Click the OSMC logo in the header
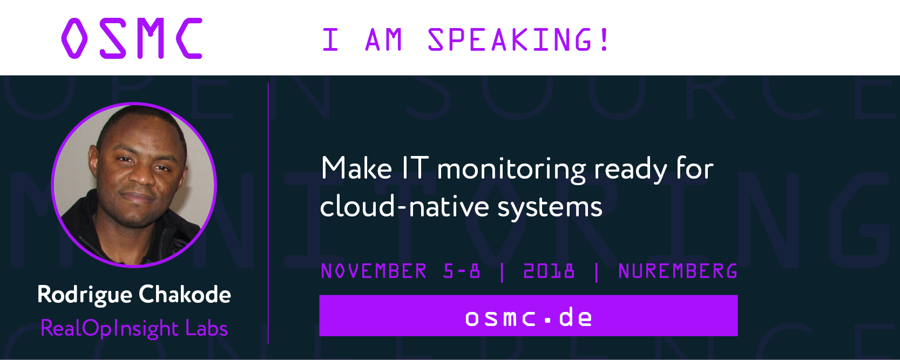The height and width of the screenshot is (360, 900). point(132,38)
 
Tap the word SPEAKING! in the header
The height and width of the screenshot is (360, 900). point(519,39)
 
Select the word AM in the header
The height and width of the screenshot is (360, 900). point(384,39)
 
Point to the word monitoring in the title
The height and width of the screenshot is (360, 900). point(511,171)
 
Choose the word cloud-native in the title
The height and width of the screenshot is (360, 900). point(405,207)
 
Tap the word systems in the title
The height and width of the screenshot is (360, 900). point(550,209)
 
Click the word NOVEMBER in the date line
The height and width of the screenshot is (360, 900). point(374,271)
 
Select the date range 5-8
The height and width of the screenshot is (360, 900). point(462,271)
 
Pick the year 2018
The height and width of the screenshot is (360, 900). point(549,271)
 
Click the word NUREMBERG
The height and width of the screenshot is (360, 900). point(678,271)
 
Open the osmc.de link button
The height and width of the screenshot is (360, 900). point(529,316)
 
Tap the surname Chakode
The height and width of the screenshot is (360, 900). point(185,295)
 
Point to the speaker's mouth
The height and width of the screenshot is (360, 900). point(139,197)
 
